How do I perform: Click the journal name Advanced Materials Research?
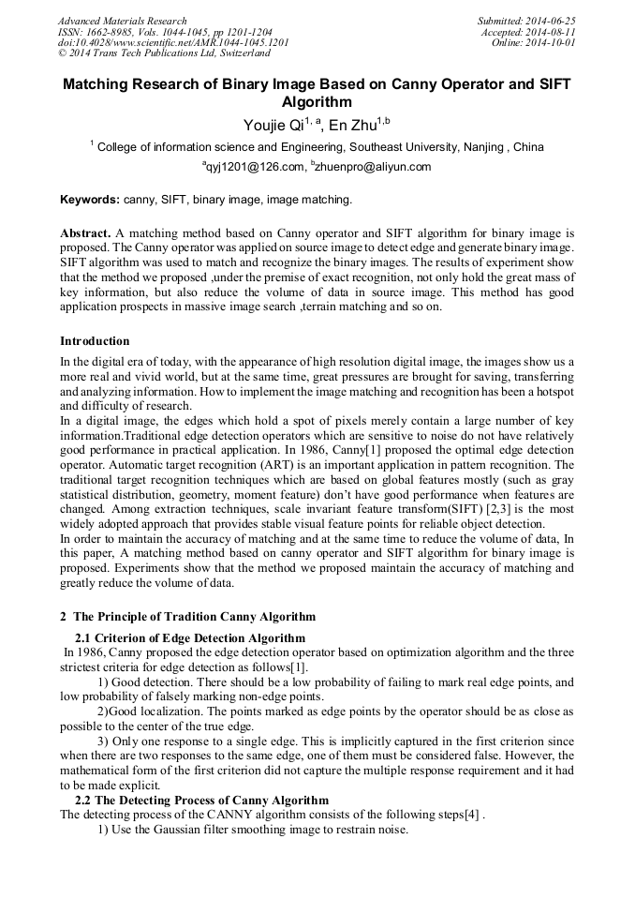click(x=123, y=21)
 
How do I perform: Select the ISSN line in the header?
click(x=165, y=32)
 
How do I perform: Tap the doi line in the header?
click(x=173, y=43)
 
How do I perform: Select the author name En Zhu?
click(x=351, y=126)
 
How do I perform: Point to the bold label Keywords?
click(x=90, y=200)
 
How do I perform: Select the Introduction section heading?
click(x=95, y=341)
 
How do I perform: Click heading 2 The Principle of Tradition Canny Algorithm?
click(x=187, y=617)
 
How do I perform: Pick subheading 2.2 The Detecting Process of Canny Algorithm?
click(x=201, y=800)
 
